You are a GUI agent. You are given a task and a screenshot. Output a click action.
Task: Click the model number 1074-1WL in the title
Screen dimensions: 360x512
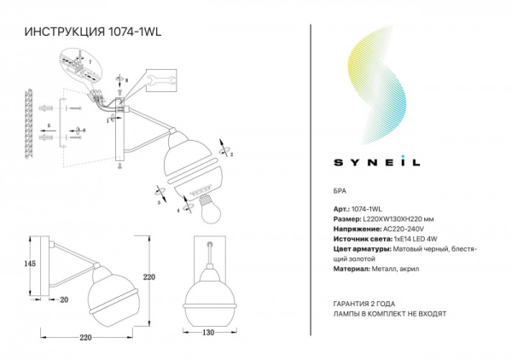point(137,32)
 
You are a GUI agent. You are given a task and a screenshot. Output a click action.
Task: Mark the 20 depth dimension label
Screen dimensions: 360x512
point(63,299)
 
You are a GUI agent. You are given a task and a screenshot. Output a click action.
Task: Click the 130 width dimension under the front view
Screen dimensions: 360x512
point(208,334)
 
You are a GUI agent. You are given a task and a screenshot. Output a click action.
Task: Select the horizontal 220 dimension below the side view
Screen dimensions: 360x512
point(84,337)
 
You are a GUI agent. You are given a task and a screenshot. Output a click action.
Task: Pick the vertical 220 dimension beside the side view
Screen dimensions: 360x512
point(148,276)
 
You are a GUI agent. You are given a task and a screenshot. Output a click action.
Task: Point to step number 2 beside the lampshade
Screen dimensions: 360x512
point(230,154)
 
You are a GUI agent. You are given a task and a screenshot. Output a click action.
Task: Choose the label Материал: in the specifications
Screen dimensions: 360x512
point(345,270)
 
